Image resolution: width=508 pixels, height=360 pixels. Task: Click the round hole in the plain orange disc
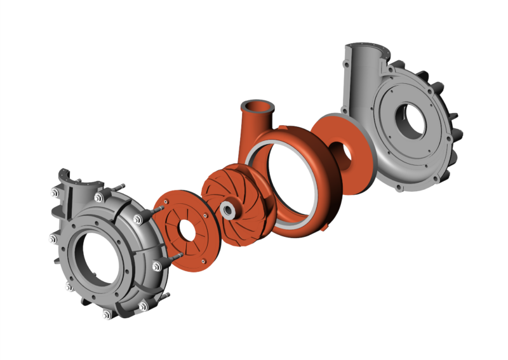342,152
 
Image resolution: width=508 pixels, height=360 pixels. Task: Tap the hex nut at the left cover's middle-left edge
53,239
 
